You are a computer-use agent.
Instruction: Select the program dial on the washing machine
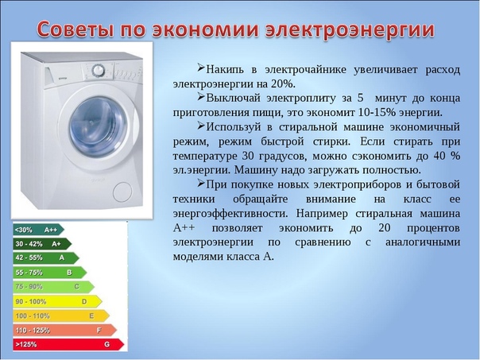click(x=99, y=71)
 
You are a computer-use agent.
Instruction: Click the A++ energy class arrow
click(x=39, y=230)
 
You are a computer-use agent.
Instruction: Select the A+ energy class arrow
click(x=42, y=244)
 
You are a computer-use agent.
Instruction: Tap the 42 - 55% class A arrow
click(x=46, y=258)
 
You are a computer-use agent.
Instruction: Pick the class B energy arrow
click(x=50, y=273)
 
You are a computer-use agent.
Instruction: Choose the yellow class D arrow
click(x=57, y=301)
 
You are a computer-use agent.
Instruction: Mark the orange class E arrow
click(x=61, y=316)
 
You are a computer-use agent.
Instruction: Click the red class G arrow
click(x=68, y=344)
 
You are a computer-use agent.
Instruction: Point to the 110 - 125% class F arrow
click(x=65, y=331)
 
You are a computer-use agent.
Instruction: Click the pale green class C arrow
click(x=53, y=287)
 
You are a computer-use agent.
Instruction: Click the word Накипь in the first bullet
click(x=226, y=70)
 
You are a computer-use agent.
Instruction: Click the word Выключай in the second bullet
click(x=233, y=99)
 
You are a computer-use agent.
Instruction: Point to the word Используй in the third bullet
click(x=234, y=127)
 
